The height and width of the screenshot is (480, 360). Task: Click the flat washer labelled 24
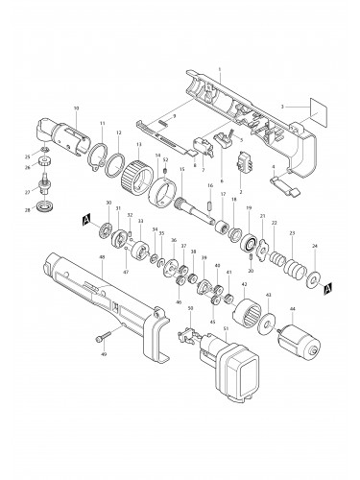click(x=314, y=279)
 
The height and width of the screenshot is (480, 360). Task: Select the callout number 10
click(x=77, y=108)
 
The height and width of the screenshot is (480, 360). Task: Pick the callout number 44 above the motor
click(x=292, y=310)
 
